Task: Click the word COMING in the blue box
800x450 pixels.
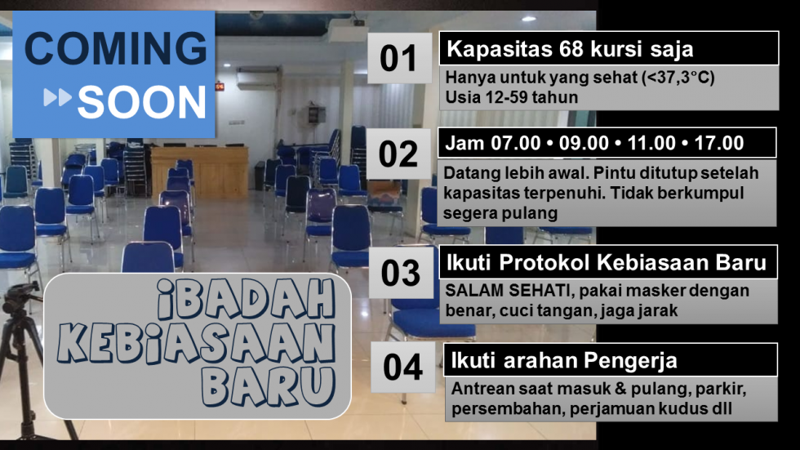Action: click(x=115, y=48)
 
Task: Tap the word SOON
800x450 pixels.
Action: click(x=142, y=102)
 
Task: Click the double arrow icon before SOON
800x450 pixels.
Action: click(x=58, y=97)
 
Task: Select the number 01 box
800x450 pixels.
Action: click(x=399, y=58)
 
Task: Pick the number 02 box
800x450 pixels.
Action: click(x=398, y=154)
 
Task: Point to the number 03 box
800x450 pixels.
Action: click(x=401, y=273)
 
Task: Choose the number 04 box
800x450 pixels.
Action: click(x=403, y=367)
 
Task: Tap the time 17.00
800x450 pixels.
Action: click(x=719, y=144)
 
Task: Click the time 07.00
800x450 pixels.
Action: click(x=516, y=144)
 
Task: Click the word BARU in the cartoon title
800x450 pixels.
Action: click(x=268, y=386)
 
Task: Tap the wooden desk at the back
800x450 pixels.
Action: click(x=199, y=171)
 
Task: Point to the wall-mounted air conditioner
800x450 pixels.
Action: click(x=257, y=78)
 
